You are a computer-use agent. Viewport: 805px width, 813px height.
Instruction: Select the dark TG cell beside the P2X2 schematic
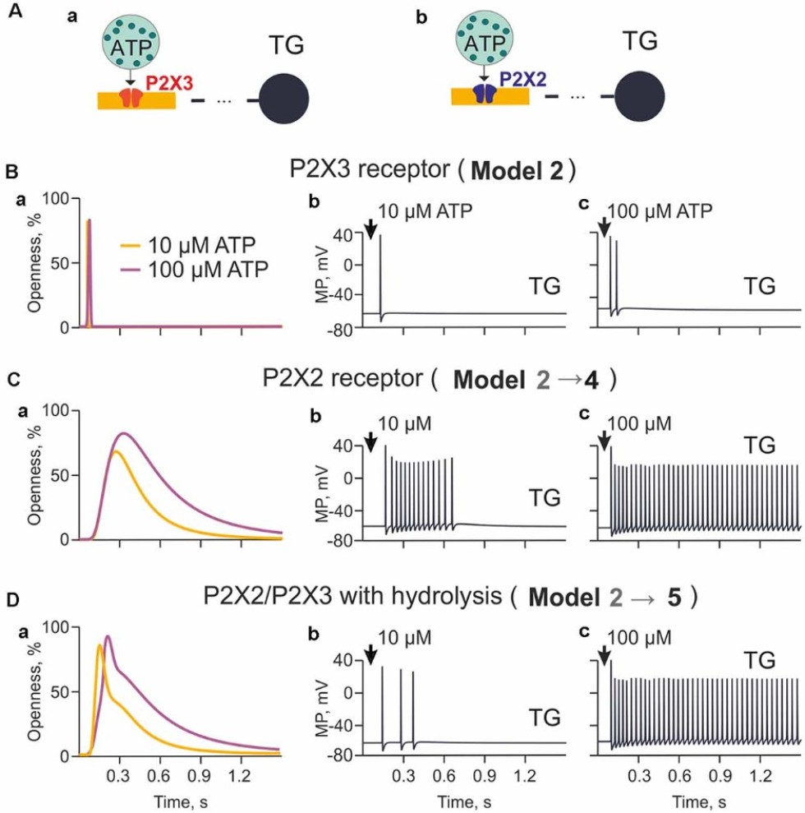(x=637, y=94)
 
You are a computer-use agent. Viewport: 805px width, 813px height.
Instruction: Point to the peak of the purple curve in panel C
(x=125, y=433)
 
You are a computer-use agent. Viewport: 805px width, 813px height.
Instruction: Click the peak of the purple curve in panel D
(x=107, y=636)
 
